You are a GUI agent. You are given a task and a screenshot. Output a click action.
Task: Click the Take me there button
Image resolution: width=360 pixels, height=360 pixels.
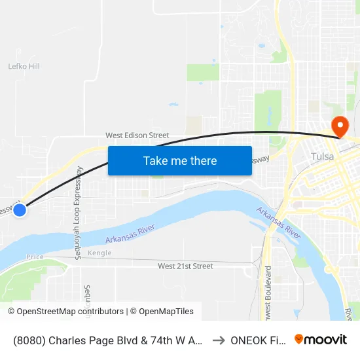[180, 161]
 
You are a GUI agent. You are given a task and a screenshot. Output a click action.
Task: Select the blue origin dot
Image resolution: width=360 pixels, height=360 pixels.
[20, 210]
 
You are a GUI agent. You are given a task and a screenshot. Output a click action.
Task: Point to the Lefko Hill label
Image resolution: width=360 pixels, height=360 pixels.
[24, 66]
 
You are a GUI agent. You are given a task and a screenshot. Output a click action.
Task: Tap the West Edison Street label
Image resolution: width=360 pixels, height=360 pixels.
[137, 135]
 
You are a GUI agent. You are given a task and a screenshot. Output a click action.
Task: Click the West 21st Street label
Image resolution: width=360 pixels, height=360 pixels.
[185, 266]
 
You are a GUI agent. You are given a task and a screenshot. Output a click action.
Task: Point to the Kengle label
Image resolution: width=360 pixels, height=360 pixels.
[99, 253]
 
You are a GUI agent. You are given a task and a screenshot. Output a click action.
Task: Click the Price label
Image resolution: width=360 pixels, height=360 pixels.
[35, 257]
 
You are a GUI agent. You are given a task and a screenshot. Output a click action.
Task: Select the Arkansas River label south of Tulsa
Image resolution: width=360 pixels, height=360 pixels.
[279, 223]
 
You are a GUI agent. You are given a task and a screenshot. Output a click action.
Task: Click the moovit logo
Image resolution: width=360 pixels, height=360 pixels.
[321, 339]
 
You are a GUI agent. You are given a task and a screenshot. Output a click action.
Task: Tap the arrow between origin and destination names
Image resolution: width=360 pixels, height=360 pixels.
[219, 340]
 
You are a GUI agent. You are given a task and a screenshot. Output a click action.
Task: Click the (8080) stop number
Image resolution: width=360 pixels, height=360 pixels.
[29, 340]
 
